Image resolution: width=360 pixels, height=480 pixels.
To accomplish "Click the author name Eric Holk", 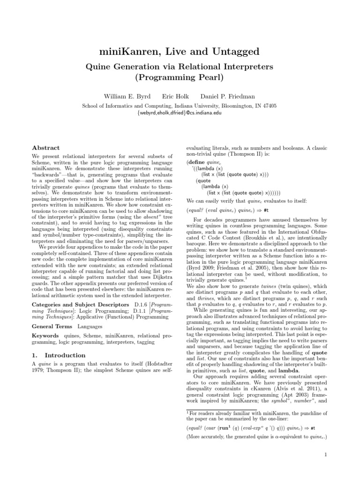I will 175,96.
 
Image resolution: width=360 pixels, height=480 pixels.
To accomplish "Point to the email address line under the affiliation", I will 180,113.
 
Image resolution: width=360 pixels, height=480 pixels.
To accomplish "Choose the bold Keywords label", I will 45,323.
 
